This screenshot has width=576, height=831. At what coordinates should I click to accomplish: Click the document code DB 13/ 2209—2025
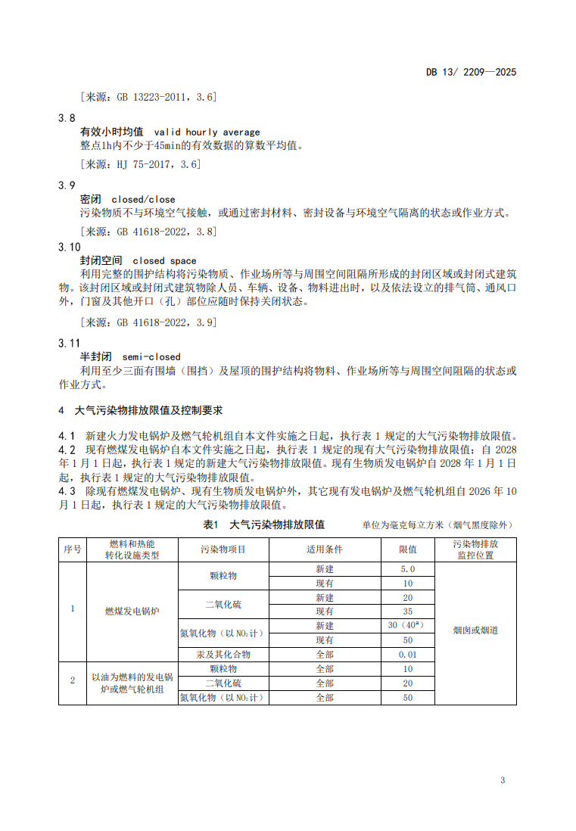coord(471,73)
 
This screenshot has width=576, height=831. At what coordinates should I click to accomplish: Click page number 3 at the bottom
coord(503,780)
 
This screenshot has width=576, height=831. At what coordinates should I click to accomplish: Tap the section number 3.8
coord(67,119)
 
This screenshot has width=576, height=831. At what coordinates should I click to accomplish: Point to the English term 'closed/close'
coord(143,200)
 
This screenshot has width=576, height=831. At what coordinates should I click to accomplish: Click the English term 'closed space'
coord(164,260)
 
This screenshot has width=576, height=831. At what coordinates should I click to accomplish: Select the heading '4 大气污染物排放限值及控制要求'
coord(141,411)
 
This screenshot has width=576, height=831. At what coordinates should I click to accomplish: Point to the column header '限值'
coord(408,549)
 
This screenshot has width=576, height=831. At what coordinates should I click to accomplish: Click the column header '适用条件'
coord(325,549)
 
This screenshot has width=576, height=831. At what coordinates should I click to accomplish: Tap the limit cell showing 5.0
coord(408,569)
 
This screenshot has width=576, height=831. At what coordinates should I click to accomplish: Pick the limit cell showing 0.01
coord(408,655)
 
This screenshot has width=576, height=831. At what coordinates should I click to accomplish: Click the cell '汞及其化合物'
coord(223,655)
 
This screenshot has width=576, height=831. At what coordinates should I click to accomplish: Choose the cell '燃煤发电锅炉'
coord(132,612)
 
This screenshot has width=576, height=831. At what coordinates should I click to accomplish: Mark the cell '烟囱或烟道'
coord(475,630)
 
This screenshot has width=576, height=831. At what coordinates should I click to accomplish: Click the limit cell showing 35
coord(408,612)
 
